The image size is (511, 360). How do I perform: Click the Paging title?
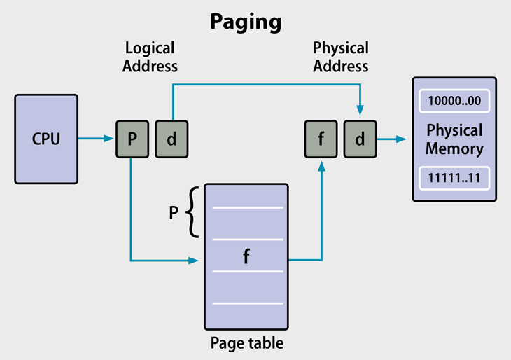246,22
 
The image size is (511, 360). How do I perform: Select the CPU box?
46,139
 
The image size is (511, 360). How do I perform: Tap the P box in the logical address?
132,139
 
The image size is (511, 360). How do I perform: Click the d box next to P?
171,139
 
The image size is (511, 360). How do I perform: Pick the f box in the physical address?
321,139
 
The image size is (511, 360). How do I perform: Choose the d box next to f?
360,139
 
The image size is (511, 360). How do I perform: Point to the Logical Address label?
150,57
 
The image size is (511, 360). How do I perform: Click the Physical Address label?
340,57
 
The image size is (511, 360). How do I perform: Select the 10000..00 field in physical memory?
454,100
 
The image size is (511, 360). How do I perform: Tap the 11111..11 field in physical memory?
454,178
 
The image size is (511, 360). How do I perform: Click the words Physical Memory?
454,139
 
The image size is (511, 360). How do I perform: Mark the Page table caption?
247,343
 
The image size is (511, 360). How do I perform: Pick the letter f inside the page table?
246,256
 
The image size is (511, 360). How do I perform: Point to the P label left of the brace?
174,212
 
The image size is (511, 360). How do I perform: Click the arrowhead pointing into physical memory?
401,139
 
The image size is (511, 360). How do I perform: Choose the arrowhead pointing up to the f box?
321,166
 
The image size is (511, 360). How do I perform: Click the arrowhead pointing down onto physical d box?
360,111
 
